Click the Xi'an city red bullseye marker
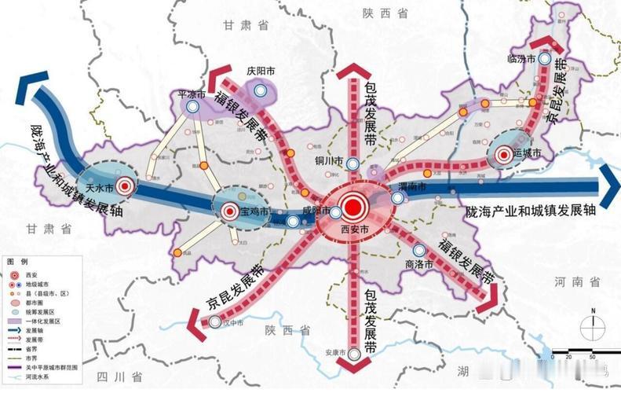(353, 208)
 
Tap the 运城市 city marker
(503, 156)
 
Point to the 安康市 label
(335, 352)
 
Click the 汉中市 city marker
(215, 321)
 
